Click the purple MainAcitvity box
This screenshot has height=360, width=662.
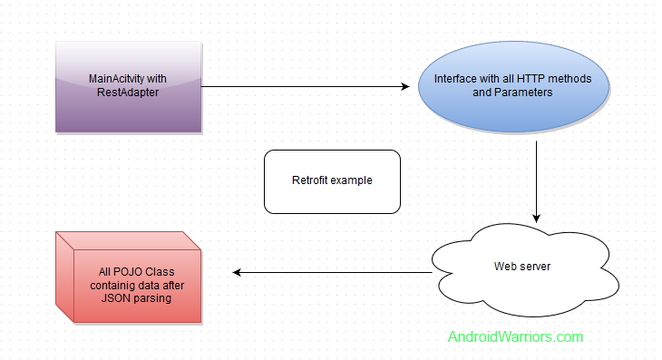(x=128, y=87)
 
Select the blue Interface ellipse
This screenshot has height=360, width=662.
(x=512, y=87)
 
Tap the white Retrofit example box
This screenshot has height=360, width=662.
(x=332, y=181)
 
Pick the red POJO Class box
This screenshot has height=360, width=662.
(x=128, y=277)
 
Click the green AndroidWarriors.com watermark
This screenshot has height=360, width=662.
(x=515, y=336)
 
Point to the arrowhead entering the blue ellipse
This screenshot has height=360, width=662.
(x=405, y=87)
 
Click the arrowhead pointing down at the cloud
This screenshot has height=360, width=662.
(x=537, y=218)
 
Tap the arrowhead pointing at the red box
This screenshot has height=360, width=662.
(x=239, y=272)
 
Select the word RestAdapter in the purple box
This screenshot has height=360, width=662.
(x=128, y=93)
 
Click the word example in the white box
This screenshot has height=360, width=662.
(x=353, y=180)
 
